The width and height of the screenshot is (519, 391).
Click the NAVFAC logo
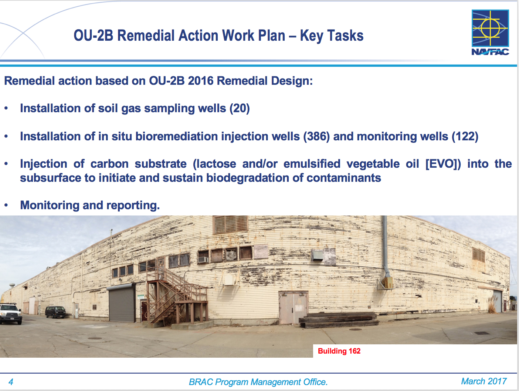click(490, 32)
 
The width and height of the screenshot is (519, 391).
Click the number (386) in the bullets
click(316, 137)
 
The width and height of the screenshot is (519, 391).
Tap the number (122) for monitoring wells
click(465, 137)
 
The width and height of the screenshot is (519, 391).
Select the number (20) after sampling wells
click(240, 108)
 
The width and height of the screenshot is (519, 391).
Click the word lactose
click(214, 164)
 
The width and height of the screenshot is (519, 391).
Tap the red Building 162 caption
click(339, 351)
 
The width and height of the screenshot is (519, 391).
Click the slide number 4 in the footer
click(11, 382)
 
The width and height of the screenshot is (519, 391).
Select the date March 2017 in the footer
click(484, 381)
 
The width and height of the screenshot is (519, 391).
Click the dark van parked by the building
click(55, 312)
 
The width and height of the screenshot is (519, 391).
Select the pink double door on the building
click(293, 307)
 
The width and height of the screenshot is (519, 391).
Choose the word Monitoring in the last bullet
click(50, 205)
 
